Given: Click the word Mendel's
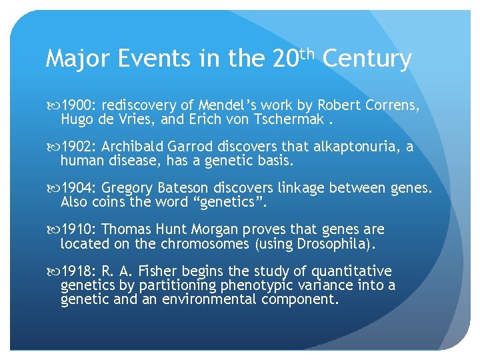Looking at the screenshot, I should [x=206, y=105].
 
